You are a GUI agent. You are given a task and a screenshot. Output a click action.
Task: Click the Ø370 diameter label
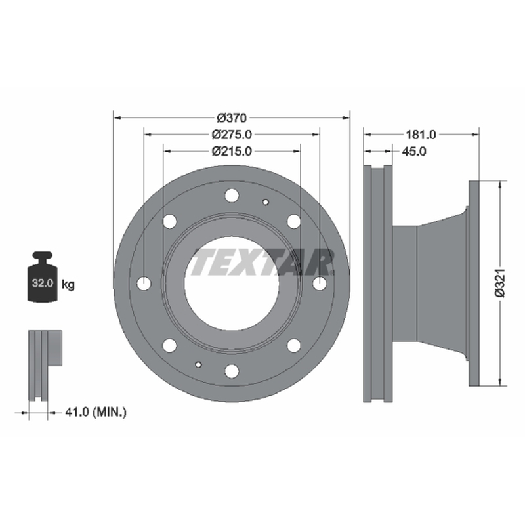[232, 118]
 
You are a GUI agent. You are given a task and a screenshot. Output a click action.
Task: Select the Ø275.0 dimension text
[232, 135]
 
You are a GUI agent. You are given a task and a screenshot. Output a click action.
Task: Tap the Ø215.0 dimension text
[232, 152]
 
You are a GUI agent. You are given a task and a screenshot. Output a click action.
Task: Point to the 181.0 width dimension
[421, 135]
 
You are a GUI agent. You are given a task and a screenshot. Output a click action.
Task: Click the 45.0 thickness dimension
[414, 152]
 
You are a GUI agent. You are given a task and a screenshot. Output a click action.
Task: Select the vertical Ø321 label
[500, 283]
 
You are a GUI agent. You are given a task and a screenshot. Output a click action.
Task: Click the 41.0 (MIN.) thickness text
[96, 412]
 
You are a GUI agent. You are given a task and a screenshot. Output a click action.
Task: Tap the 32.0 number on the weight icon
[43, 283]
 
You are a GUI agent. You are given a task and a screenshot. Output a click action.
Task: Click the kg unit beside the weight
[68, 285]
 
